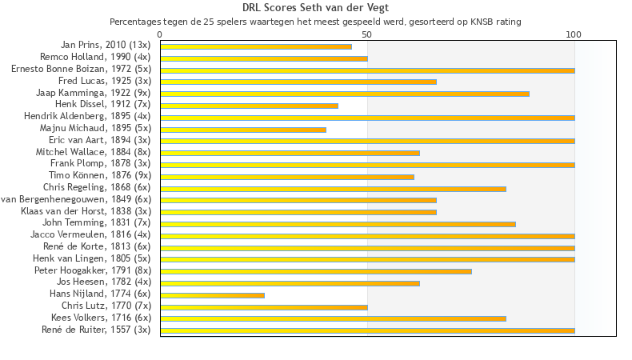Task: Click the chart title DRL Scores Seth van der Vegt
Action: point(315,8)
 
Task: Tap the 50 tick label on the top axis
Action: point(367,34)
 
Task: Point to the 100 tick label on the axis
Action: point(574,34)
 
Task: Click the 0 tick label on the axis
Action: point(160,34)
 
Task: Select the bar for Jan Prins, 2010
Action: point(256,46)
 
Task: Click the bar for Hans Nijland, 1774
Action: point(212,295)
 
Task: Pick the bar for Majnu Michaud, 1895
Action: point(243,130)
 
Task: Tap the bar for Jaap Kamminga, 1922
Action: point(345,94)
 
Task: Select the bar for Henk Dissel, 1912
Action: point(249,106)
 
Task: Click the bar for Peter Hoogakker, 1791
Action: point(316,271)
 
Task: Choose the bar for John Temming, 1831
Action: point(338,224)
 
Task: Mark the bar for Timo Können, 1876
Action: point(287,177)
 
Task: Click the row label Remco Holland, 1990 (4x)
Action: point(95,58)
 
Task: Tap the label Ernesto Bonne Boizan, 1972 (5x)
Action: point(81,70)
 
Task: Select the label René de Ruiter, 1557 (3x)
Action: point(96,330)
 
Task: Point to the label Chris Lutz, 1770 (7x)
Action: point(106,306)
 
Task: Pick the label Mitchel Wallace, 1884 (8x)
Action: point(93,152)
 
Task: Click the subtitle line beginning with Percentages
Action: point(315,22)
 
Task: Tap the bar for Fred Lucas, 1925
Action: point(298,82)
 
